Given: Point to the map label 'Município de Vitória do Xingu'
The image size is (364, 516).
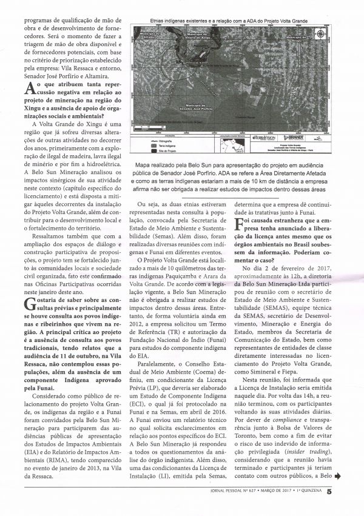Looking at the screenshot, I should [x=201, y=36].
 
